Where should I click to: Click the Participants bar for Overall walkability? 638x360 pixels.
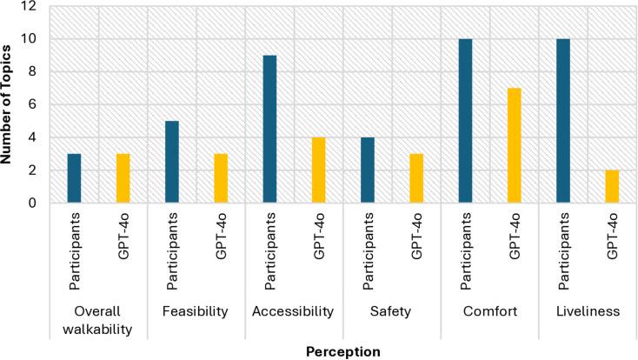pos(74,178)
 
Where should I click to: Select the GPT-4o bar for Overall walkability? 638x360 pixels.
pos(123,178)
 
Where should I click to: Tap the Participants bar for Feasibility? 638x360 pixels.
pos(172,162)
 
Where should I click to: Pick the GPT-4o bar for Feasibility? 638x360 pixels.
pos(221,178)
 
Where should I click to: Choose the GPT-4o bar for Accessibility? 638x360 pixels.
pos(319,170)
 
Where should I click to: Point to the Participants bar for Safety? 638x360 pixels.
pos(368,170)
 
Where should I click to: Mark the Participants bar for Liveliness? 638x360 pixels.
pos(564,121)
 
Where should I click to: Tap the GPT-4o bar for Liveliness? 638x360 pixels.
pos(613,186)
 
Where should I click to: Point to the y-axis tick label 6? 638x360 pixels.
pos(33,104)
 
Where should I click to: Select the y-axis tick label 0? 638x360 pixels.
pos(33,203)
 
